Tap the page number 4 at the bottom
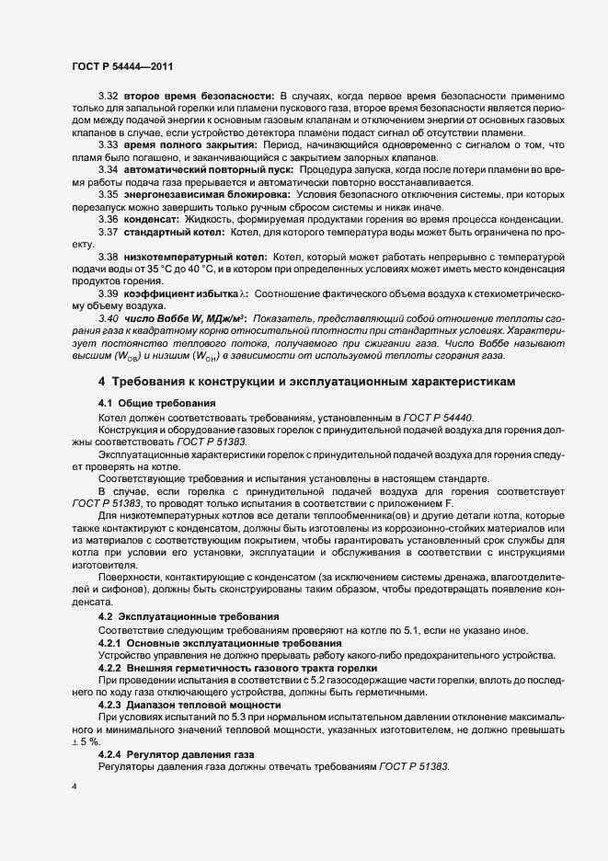74,787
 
